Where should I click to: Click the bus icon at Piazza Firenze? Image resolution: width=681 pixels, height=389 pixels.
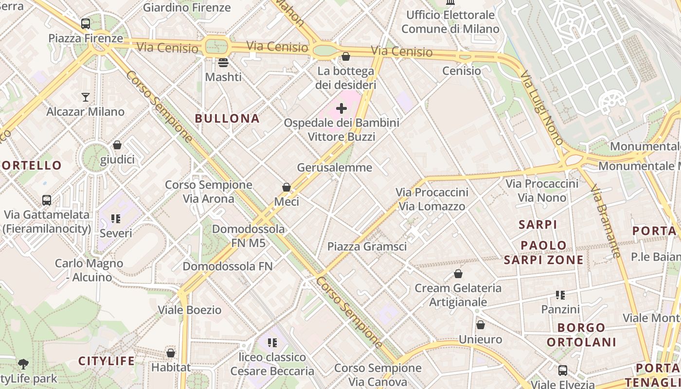point(86,23)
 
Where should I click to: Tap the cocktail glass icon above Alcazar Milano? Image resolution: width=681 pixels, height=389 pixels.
point(86,97)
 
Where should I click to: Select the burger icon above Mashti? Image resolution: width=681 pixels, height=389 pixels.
point(223,62)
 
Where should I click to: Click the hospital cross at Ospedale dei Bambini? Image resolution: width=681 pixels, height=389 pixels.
point(342,108)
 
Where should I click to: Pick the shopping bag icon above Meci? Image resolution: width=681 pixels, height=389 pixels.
point(287,187)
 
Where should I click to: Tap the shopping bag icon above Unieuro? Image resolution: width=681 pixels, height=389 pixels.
point(481,325)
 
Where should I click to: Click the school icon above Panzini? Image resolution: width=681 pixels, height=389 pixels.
point(560,295)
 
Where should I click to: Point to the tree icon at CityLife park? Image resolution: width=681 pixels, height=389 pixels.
point(23,364)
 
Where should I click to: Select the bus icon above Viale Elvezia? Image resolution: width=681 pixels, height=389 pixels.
point(563,370)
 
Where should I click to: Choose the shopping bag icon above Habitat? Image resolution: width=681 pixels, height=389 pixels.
point(170,353)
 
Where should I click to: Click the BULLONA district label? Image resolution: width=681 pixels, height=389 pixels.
point(227,118)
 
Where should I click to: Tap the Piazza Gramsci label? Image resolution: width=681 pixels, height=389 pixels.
point(367,247)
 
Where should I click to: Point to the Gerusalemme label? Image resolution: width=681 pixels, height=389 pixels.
point(335,168)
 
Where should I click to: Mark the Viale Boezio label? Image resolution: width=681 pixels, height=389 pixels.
point(190,310)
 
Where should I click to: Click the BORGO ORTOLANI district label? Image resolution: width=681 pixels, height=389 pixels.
point(582,335)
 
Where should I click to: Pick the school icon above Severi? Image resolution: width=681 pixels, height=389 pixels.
point(115,219)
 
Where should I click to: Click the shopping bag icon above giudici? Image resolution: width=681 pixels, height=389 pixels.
point(117,145)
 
